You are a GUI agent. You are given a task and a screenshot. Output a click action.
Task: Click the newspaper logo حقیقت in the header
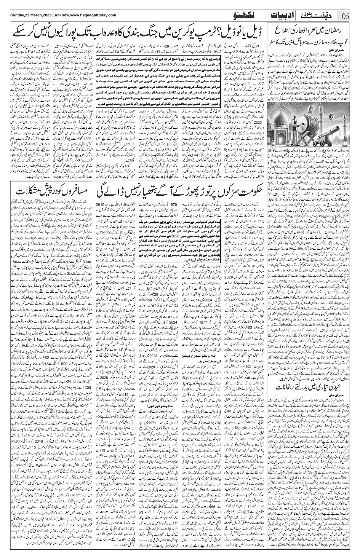tap(322, 16)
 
